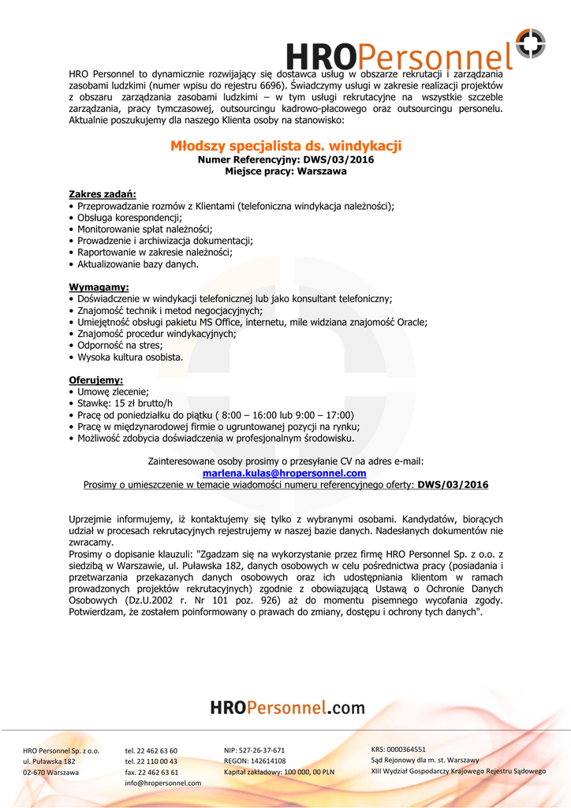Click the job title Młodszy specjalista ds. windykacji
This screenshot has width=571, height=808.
pyautogui.click(x=285, y=146)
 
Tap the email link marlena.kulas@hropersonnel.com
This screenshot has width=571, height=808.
pyautogui.click(x=285, y=473)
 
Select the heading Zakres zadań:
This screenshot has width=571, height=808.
pyautogui.click(x=103, y=194)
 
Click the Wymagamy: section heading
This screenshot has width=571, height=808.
pyautogui.click(x=99, y=287)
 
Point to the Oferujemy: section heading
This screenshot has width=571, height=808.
pyautogui.click(x=96, y=380)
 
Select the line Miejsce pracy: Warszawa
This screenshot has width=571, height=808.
pyautogui.click(x=285, y=170)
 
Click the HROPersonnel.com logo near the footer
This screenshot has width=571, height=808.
pyautogui.click(x=287, y=708)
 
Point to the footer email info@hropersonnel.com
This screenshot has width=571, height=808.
pyautogui.click(x=163, y=783)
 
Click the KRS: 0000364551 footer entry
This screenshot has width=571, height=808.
pyautogui.click(x=398, y=750)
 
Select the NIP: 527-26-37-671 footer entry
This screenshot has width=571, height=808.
pyautogui.click(x=255, y=750)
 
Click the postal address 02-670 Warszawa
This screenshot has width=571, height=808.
pyautogui.click(x=51, y=772)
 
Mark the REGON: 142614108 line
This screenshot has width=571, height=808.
pyautogui.click(x=255, y=761)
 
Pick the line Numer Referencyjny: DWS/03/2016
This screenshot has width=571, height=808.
pyautogui.click(x=285, y=159)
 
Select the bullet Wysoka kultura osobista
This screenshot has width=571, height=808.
pyautogui.click(x=129, y=357)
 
